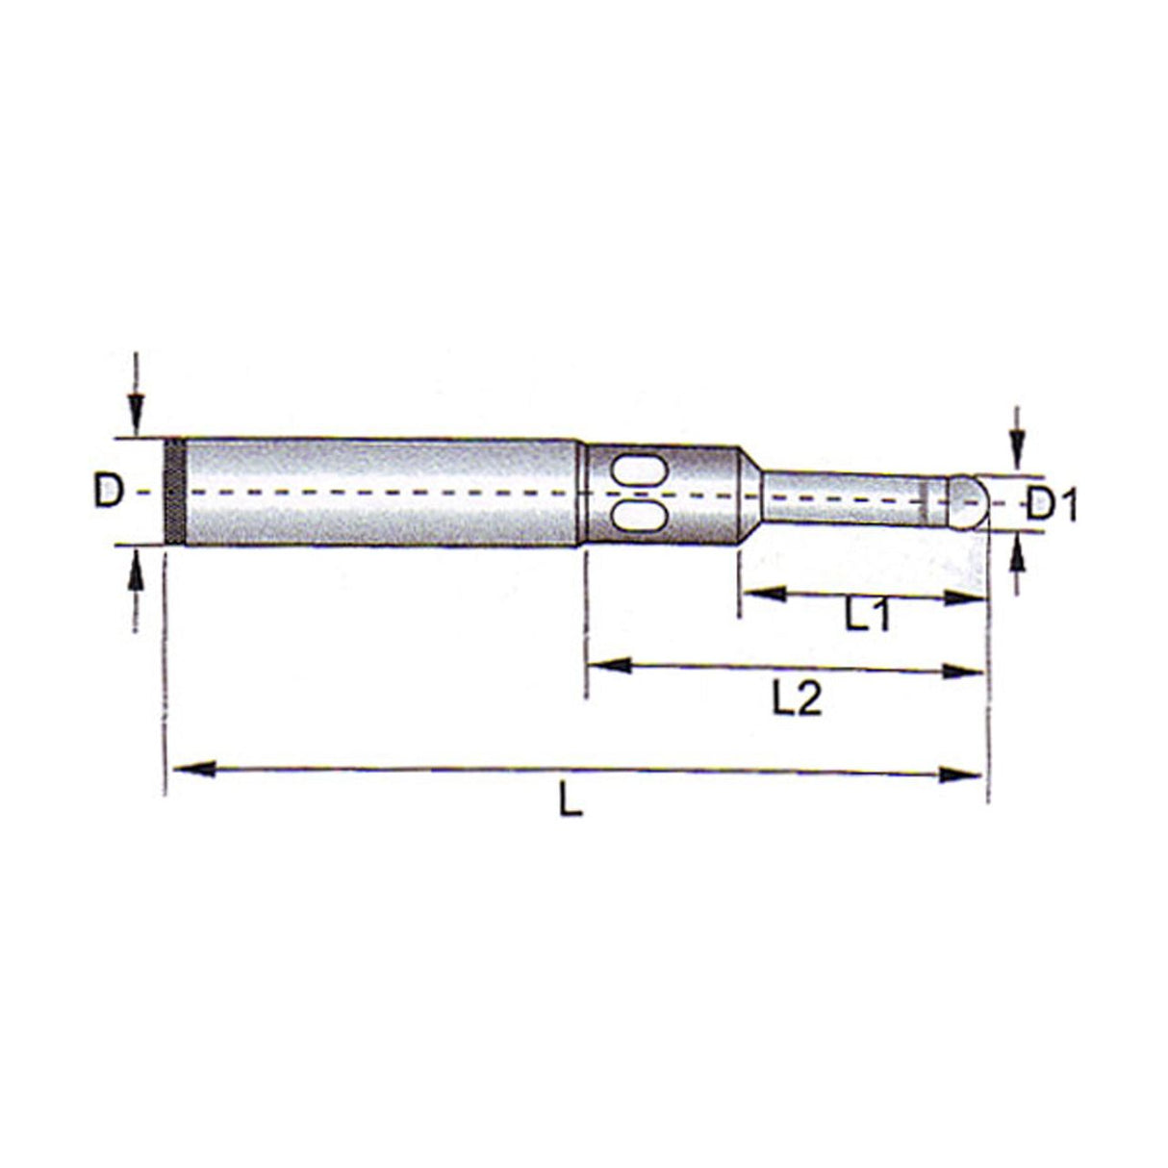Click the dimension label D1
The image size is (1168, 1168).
(1051, 503)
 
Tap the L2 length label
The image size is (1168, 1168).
(797, 699)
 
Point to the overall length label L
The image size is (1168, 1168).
(571, 801)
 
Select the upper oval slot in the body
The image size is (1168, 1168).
(636, 471)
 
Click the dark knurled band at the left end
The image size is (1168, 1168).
(174, 492)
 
